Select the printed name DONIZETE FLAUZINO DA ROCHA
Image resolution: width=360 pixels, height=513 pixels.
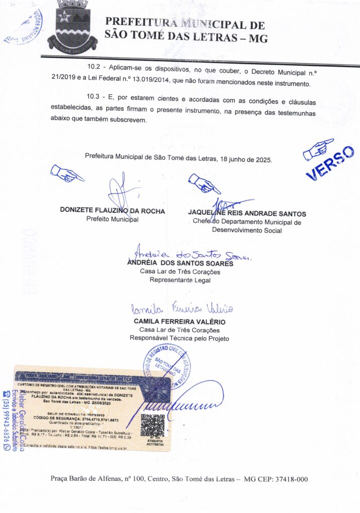click(x=112, y=211)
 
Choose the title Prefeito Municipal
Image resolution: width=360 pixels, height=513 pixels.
click(x=112, y=219)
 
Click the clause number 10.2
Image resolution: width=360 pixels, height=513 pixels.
click(x=94, y=66)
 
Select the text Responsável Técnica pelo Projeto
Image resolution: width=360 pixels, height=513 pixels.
click(x=179, y=338)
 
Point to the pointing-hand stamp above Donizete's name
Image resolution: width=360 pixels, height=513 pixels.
click(x=67, y=173)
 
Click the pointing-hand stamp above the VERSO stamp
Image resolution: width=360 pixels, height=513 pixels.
click(x=318, y=149)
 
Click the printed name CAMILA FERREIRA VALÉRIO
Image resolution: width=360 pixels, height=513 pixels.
click(x=179, y=321)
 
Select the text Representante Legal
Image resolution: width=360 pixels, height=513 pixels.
click(x=180, y=280)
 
